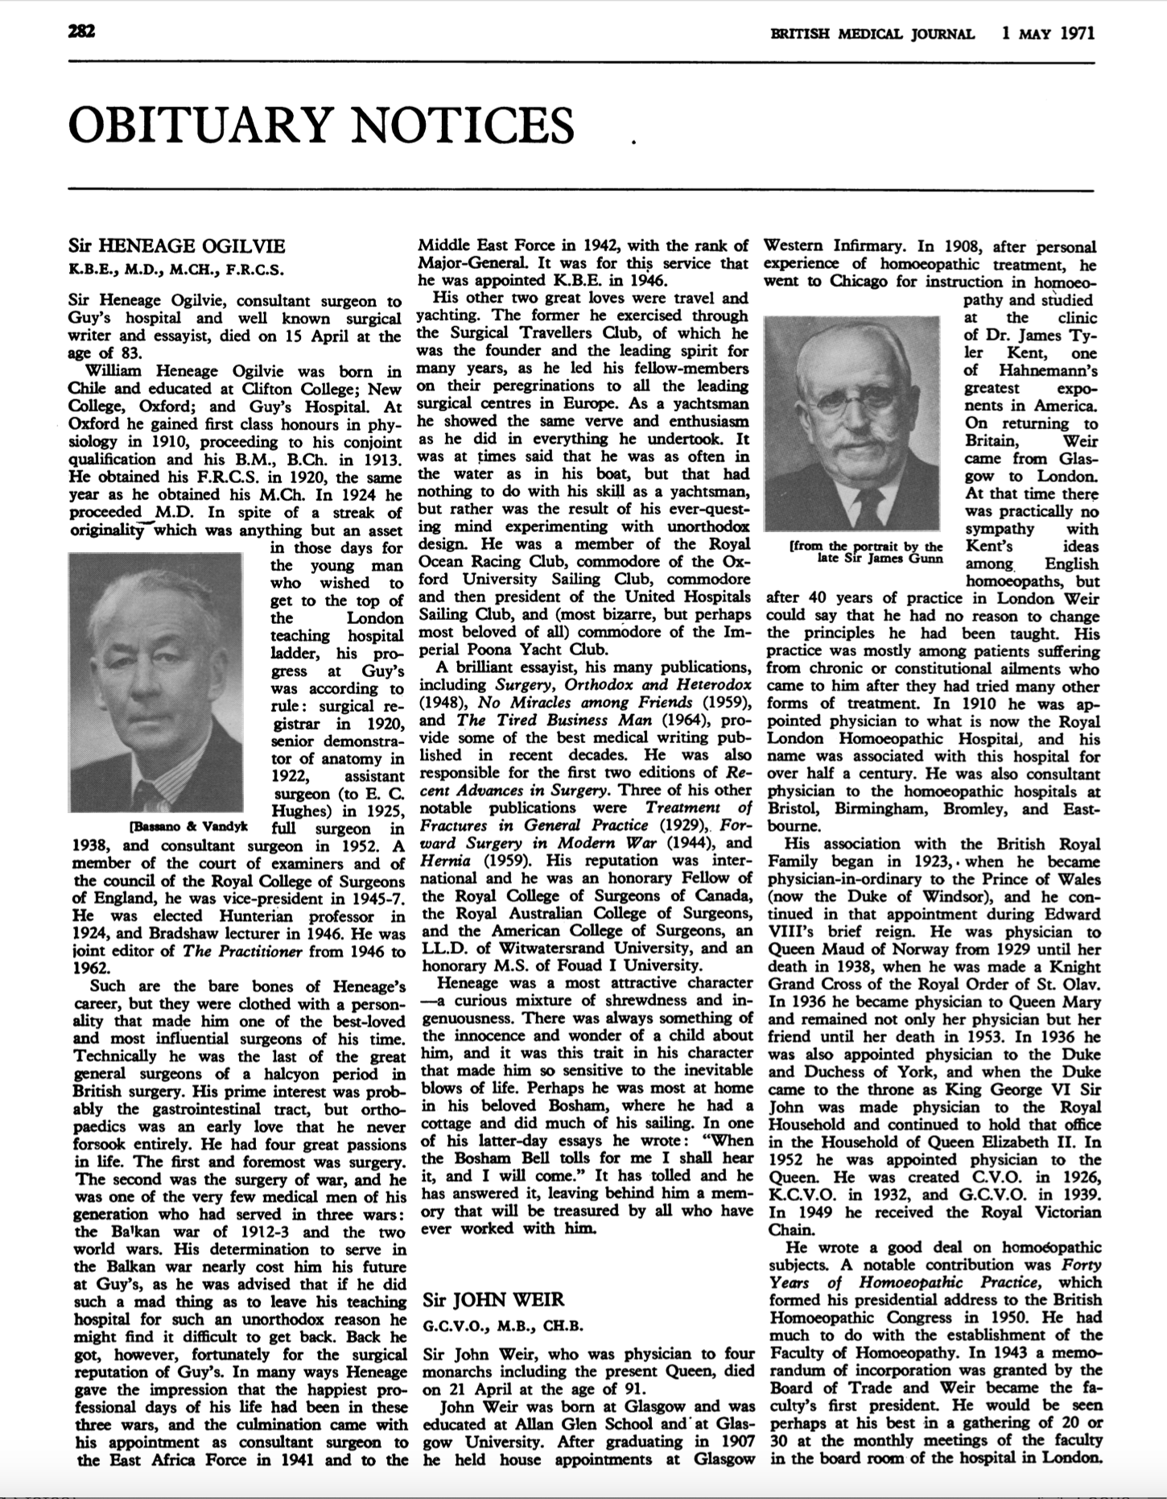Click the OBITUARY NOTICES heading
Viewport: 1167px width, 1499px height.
click(x=321, y=125)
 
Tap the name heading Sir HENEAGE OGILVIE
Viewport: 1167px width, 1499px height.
click(x=177, y=246)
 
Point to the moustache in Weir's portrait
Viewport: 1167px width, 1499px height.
click(x=857, y=440)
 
